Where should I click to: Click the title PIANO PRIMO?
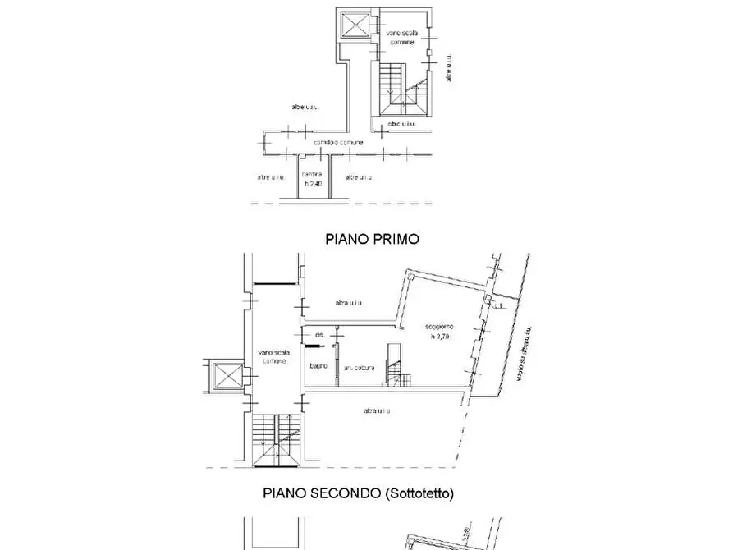coord(373,239)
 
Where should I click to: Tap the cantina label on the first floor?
coord(311,175)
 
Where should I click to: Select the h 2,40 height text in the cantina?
coord(312,184)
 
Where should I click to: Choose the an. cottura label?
coord(360,367)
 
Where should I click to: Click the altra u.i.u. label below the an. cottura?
coord(376,410)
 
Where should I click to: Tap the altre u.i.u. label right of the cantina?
coord(361,176)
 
